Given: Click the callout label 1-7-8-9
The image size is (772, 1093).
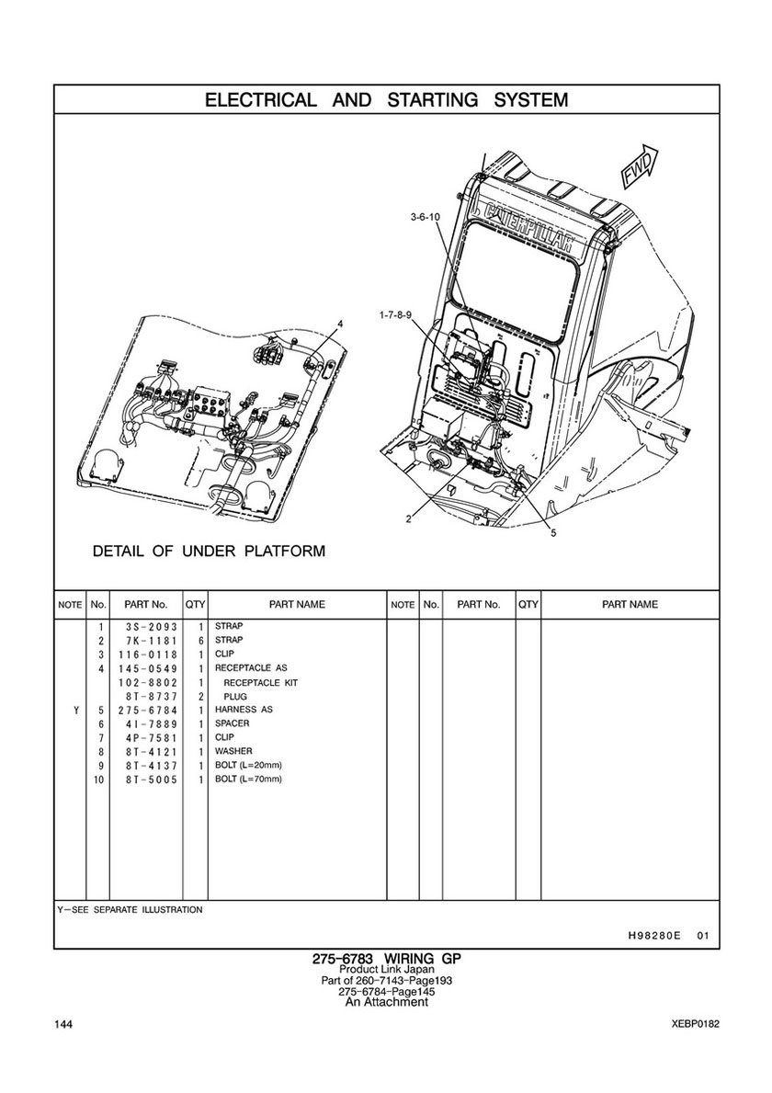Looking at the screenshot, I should click(x=396, y=314).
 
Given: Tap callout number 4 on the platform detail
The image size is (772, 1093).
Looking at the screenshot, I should click(x=340, y=324).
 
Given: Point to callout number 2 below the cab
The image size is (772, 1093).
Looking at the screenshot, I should click(x=408, y=519).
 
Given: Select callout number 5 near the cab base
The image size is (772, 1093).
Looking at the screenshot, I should click(x=553, y=533).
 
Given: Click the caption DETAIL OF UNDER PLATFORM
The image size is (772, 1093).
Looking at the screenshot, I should click(x=209, y=552).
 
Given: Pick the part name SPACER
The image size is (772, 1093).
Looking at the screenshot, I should click(x=232, y=723).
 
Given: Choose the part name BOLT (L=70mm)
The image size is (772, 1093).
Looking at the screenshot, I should click(x=248, y=779).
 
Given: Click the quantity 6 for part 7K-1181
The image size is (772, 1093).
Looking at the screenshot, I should click(x=199, y=641).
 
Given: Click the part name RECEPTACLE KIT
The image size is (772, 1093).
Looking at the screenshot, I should click(x=260, y=682).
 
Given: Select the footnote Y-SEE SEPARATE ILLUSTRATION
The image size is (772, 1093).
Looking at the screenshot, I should click(x=130, y=909).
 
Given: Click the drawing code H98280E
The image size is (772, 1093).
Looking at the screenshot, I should click(x=654, y=936).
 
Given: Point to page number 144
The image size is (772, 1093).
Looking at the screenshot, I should click(x=63, y=1025).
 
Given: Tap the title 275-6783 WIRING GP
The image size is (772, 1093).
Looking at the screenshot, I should click(x=386, y=958).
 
